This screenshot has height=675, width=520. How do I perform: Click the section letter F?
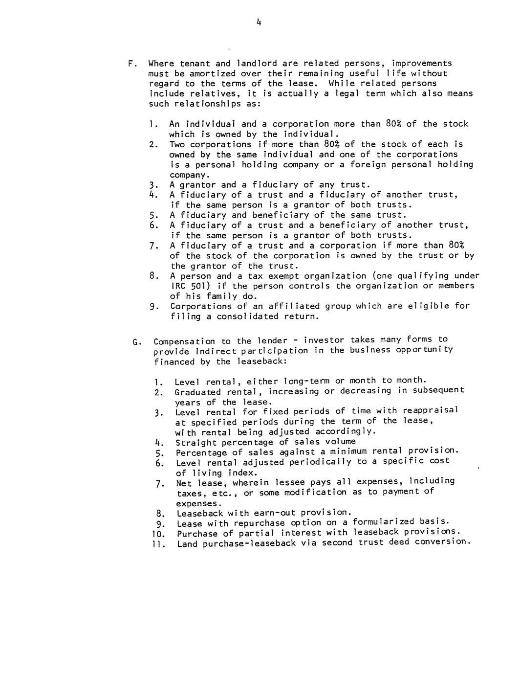pos(130,64)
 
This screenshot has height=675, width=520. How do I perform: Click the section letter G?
pos(135,341)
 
